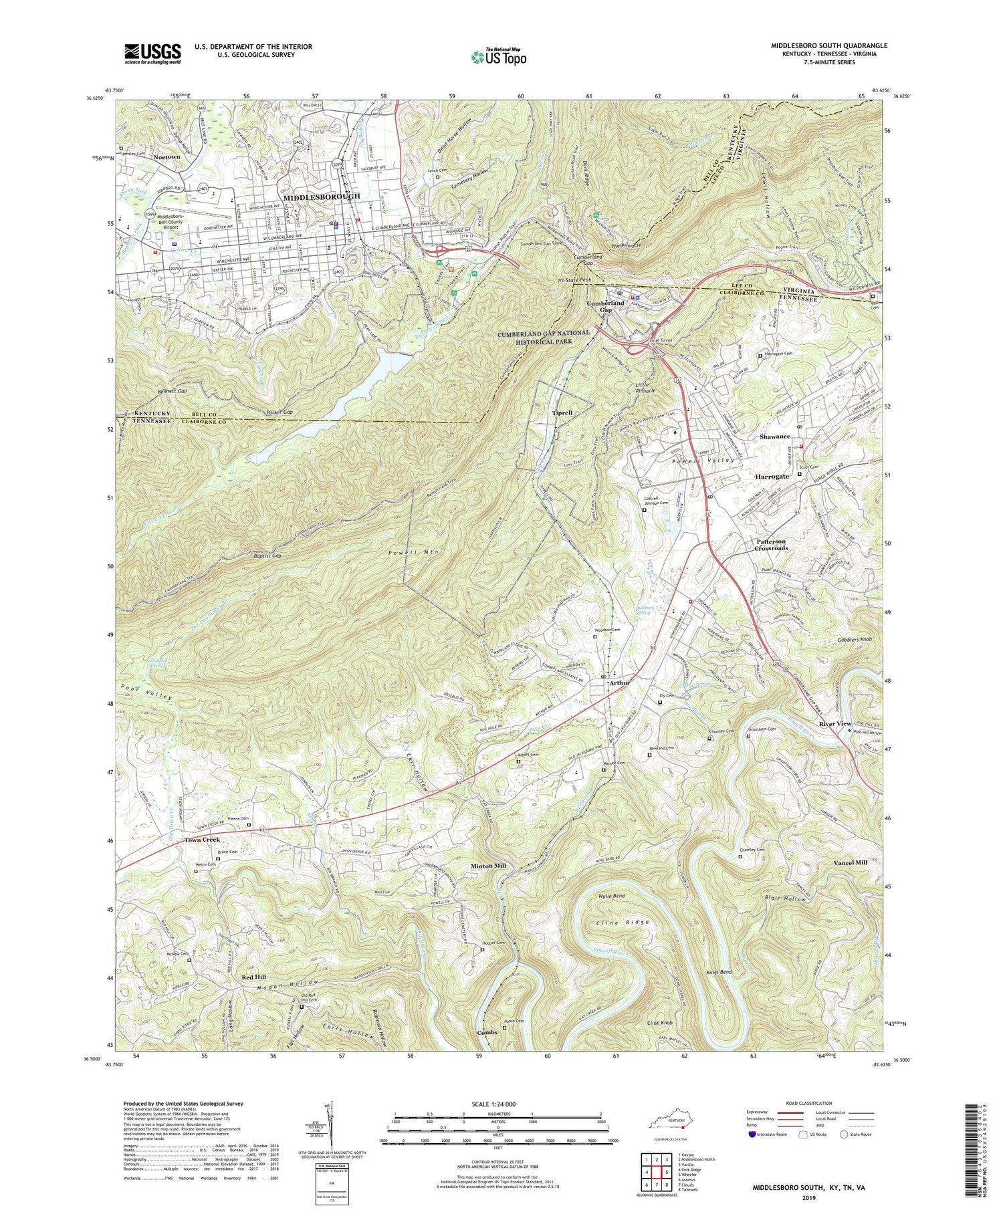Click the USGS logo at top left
tap(152, 53)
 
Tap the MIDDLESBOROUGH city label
tap(322, 197)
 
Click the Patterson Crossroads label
tap(762, 544)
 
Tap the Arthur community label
tap(619, 683)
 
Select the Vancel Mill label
tap(850, 862)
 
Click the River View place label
tap(835, 724)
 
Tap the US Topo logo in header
tap(498, 57)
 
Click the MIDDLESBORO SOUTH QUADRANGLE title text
tap(829, 45)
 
